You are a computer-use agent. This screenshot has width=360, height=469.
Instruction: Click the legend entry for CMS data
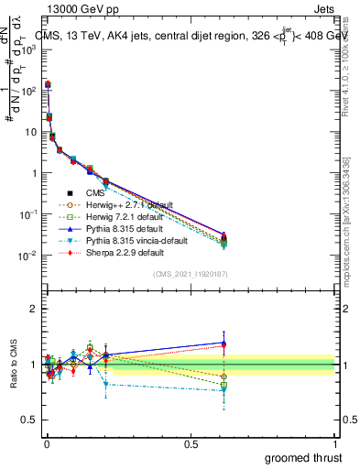click(x=94, y=192)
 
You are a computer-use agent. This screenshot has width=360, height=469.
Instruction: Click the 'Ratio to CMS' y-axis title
click(x=13, y=364)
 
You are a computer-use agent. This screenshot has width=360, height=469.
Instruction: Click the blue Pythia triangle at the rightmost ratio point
click(x=224, y=343)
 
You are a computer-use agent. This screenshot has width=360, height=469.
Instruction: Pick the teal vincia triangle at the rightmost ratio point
click(x=224, y=389)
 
